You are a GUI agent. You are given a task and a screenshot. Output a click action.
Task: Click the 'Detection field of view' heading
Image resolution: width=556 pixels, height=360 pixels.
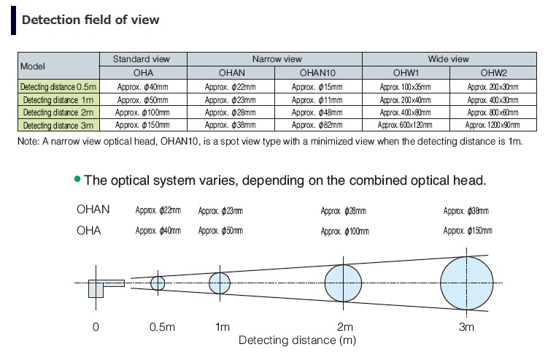[x=90, y=20]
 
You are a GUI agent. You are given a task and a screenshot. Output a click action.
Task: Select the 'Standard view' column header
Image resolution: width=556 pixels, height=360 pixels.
[x=143, y=58]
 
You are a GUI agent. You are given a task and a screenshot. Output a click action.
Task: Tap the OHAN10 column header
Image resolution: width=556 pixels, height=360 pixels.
[x=318, y=72]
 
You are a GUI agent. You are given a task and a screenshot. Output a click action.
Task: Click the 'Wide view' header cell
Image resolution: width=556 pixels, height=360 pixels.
[x=449, y=58]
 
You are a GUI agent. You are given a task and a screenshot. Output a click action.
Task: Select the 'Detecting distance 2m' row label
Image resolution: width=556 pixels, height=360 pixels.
[x=58, y=112]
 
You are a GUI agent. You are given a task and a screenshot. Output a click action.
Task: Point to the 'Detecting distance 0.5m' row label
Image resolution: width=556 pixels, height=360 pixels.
[x=58, y=87]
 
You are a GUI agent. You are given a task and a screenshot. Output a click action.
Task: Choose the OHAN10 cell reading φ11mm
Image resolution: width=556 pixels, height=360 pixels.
[x=318, y=99]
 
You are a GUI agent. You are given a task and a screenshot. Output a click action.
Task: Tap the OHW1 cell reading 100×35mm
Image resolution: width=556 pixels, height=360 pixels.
[x=406, y=87]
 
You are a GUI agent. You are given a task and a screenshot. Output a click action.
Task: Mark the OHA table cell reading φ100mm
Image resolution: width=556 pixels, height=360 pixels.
[x=143, y=112]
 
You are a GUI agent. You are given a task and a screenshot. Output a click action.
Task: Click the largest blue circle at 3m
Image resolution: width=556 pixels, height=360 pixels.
[x=466, y=283]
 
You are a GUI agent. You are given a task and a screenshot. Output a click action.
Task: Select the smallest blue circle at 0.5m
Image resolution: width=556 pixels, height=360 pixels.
[x=158, y=283]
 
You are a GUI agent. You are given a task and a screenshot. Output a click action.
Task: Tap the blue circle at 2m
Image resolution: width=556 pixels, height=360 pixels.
[x=343, y=283]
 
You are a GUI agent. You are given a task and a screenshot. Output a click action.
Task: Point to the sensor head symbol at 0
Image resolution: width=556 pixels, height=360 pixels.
[x=101, y=286]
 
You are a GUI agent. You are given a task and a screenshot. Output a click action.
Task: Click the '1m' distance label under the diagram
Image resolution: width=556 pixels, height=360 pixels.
[x=223, y=327]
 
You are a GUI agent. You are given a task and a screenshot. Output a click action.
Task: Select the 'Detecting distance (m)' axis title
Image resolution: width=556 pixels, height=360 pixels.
[x=287, y=340]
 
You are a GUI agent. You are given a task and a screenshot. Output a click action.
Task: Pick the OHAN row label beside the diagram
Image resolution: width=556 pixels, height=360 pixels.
[x=93, y=210]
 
